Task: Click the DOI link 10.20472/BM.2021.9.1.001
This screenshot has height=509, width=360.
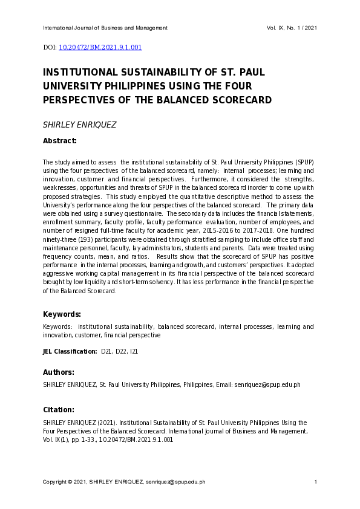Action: pyautogui.click(x=100, y=47)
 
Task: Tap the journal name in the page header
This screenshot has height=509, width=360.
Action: pyautogui.click(x=105, y=28)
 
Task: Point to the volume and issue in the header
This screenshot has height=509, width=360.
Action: pyautogui.click(x=292, y=28)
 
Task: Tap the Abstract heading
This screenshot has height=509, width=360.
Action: pyautogui.click(x=59, y=141)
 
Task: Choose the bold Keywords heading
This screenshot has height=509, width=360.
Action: pyautogui.click(x=62, y=314)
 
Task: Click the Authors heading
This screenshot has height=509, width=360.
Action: pyautogui.click(x=59, y=372)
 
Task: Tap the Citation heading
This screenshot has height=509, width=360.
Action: pyautogui.click(x=59, y=409)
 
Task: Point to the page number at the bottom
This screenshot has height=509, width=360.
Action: pyautogui.click(x=316, y=482)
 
